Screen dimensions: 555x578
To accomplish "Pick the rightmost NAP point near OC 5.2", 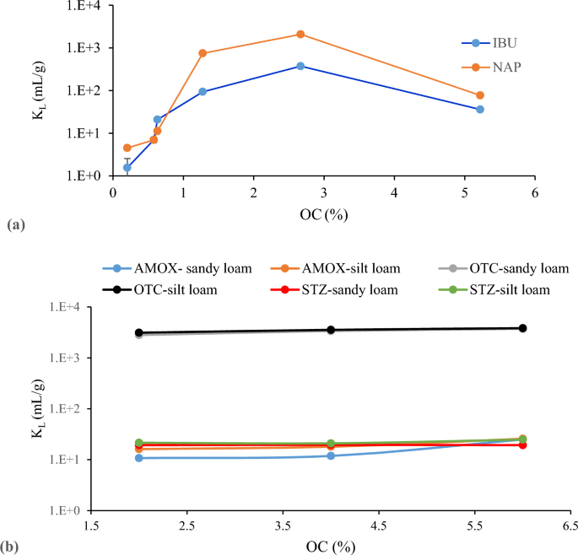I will point(480,95).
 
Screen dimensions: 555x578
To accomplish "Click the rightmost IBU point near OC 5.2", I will point(480,110).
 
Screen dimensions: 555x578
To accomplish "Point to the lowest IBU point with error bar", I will point(127,168).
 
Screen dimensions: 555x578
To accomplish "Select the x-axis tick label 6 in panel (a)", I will point(535,193).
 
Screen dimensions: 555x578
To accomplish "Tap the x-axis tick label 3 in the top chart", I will point(324,193).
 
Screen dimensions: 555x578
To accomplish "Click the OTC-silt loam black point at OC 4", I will point(331,330).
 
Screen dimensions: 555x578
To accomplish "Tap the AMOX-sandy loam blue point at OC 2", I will point(138,458).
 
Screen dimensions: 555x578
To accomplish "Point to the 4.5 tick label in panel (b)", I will point(379,526).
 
